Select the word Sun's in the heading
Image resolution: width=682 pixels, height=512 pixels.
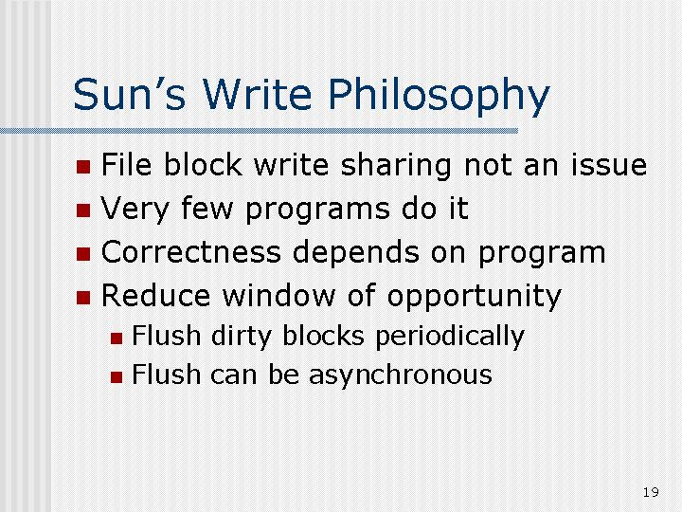click(129, 94)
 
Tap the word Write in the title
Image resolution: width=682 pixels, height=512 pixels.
click(257, 94)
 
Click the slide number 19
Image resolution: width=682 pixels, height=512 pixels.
click(651, 492)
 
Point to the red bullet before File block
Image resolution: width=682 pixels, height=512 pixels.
click(83, 167)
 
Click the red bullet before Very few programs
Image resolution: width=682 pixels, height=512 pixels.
click(83, 210)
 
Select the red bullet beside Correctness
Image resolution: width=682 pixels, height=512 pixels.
click(83, 254)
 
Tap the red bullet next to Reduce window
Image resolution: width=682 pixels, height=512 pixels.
click(83, 298)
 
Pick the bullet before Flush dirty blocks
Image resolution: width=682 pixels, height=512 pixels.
click(117, 338)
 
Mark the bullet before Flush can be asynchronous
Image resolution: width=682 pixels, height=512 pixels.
click(117, 377)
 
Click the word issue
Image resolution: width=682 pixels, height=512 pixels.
click(609, 165)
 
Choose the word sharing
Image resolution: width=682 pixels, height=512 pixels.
click(396, 166)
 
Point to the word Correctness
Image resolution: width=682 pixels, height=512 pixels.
click(191, 252)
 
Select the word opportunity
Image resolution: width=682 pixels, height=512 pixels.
click(475, 298)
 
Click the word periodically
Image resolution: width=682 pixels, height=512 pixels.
click(450, 337)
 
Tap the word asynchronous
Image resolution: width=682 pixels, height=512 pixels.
click(400, 375)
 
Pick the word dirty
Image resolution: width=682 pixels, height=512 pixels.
click(242, 337)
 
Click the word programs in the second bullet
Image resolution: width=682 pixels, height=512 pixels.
click(318, 210)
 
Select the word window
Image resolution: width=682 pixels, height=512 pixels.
click(278, 296)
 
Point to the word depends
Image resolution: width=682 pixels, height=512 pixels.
click(356, 253)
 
